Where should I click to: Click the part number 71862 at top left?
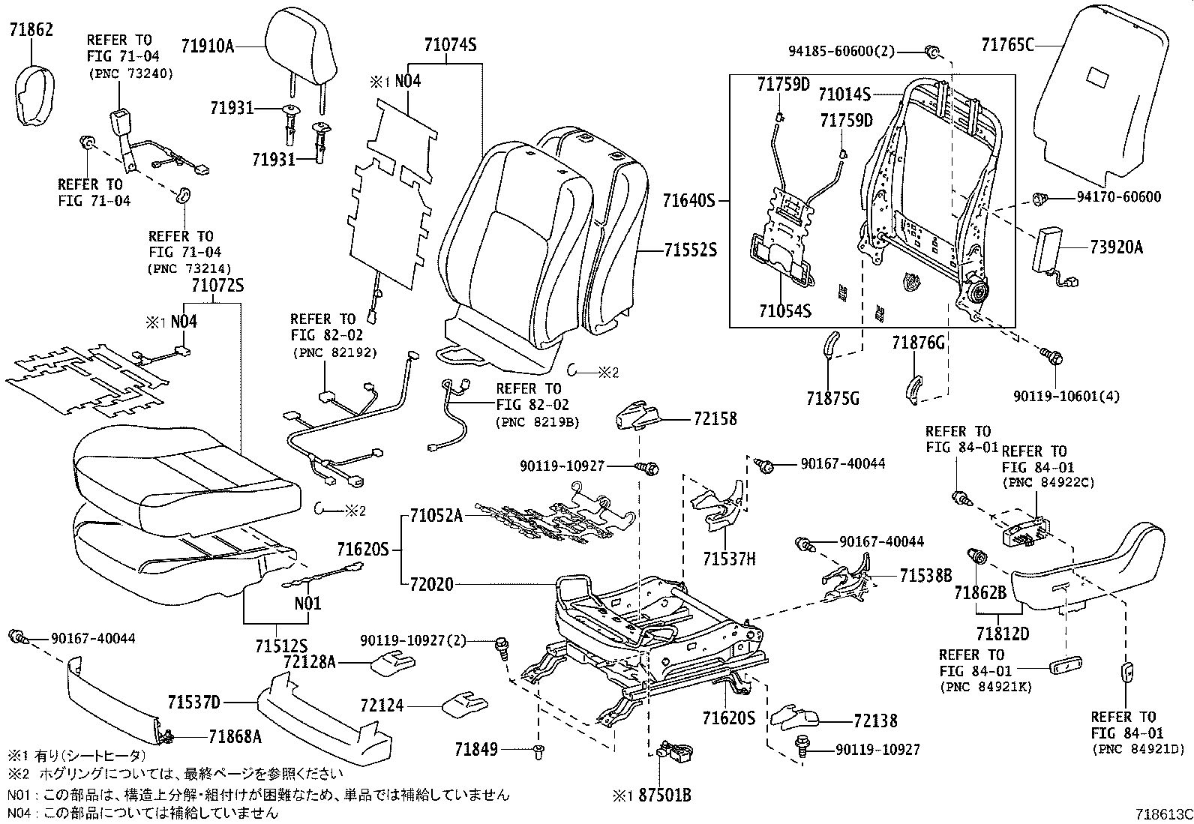31,30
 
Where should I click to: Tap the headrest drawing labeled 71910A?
298,46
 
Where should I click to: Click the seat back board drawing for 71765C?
1099,97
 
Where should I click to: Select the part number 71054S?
784,311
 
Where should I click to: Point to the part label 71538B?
925,576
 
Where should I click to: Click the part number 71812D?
1003,634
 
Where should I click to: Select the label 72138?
875,721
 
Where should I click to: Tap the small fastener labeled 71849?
538,749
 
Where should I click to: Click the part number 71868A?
235,736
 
